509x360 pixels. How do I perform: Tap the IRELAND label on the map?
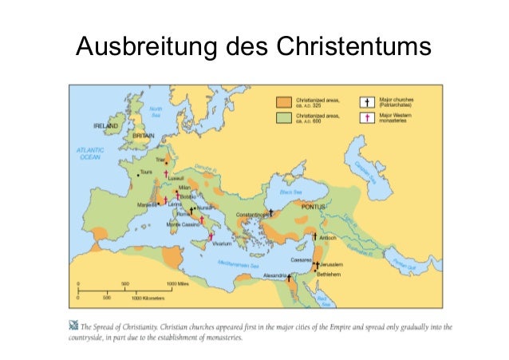109,126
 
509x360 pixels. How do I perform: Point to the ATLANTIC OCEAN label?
89,155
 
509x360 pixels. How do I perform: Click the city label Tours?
146,172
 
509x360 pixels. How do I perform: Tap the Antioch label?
327,237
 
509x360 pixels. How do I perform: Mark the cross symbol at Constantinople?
271,213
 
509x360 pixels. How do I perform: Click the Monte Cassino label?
183,224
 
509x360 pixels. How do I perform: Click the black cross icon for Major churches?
368,101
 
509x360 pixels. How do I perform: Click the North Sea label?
156,111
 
